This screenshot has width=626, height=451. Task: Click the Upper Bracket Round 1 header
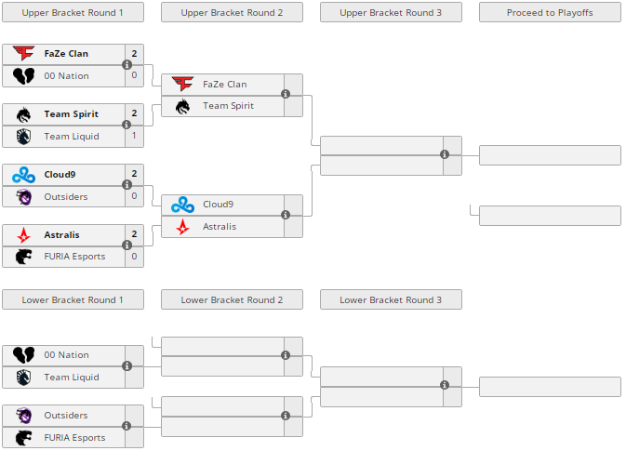point(73,12)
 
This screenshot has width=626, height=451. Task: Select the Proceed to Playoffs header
point(550,12)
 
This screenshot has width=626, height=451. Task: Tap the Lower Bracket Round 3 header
point(391,299)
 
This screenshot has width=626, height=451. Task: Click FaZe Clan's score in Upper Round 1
point(134,54)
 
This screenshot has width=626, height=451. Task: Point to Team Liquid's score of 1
point(134,136)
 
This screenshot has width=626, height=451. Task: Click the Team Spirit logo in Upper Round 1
point(23,114)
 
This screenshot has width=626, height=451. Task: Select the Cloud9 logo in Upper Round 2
point(182,205)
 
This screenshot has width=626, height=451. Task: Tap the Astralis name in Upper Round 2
point(220,226)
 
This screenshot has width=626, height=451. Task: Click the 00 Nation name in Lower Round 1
point(67,355)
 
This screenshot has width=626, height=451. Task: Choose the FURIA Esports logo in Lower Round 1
point(23,437)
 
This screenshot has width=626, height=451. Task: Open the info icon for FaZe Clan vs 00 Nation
point(127,65)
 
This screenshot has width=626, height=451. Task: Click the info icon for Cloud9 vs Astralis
point(286,215)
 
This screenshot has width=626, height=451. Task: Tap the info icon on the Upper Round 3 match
point(445,154)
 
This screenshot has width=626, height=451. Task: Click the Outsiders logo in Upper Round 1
point(23,196)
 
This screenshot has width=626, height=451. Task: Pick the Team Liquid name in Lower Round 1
point(72,377)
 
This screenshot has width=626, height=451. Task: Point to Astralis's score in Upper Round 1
point(134,234)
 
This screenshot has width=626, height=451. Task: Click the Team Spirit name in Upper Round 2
point(229,106)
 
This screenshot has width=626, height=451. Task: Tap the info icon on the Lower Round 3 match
point(445,385)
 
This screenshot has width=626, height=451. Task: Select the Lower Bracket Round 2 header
point(232,299)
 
